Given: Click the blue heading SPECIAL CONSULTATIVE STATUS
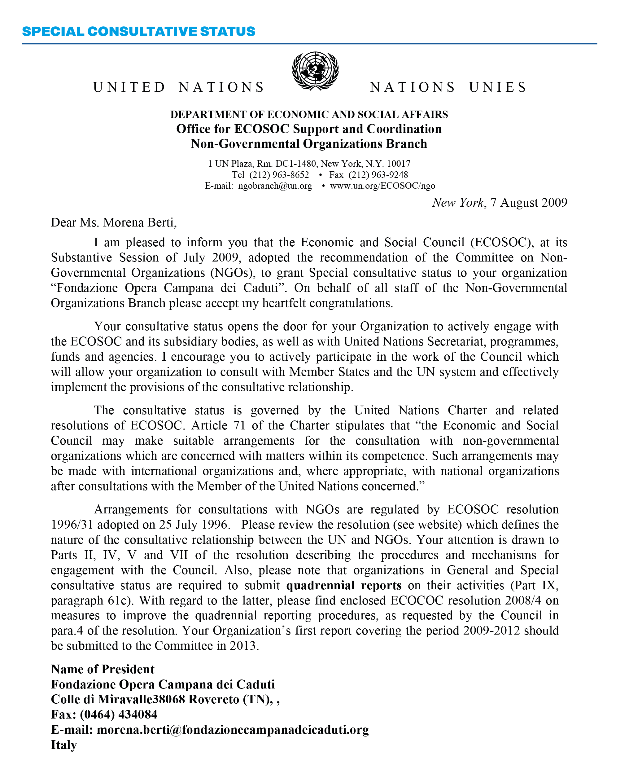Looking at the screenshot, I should point(138,31).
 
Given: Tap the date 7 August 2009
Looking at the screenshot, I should point(529,203).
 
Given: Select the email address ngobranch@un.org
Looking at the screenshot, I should point(275,186).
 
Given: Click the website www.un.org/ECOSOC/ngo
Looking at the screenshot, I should point(382,186).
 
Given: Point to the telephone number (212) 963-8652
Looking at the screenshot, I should point(279,175).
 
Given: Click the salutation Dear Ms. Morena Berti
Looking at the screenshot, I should point(114,222).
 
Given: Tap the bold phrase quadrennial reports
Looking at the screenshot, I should point(344,585).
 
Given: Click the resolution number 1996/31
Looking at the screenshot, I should point(72,525).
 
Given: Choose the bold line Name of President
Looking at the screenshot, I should point(103,669).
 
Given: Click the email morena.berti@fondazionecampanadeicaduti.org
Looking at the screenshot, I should point(233,729).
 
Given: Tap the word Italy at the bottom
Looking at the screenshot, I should point(64,745).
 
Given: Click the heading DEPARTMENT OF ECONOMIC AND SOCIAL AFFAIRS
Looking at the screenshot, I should point(309,114).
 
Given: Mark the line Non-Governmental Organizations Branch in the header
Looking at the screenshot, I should point(309,144).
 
